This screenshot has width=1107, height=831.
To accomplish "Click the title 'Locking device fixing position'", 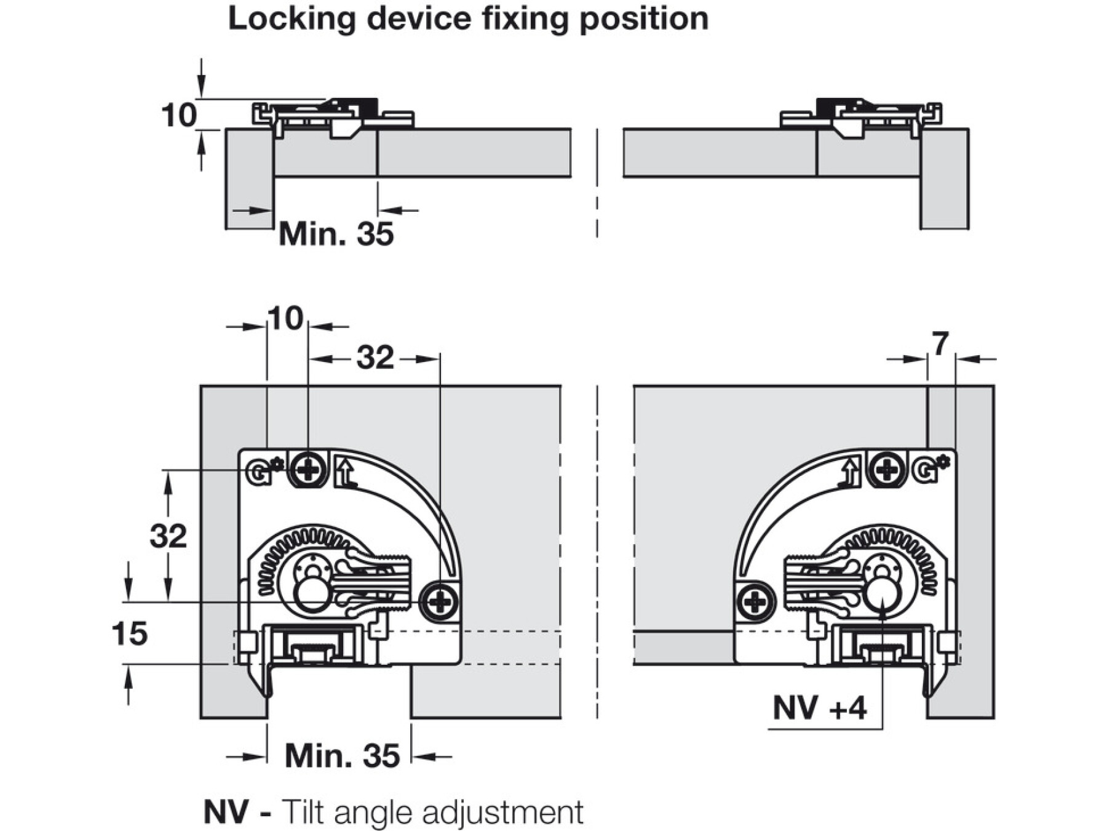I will coord(468,18).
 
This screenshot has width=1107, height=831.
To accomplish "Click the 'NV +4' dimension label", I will coord(819,708).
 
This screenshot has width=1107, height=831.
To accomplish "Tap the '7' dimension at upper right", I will coord(940,344).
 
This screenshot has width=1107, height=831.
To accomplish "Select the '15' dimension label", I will coord(130,633).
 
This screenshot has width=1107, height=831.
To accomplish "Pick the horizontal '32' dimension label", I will coord(375,358).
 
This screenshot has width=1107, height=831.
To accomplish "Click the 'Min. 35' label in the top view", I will coord(336,234).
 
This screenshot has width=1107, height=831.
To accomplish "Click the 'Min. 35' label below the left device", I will coord(342,755).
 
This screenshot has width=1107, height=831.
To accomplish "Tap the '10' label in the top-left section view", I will coord(178,115).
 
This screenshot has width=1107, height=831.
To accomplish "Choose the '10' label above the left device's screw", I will coord(286,319).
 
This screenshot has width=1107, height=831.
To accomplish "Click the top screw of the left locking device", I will coord(308,471).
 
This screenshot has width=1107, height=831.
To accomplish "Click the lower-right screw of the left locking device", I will coord(439,601).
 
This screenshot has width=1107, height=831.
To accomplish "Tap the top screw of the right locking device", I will coord(887,470).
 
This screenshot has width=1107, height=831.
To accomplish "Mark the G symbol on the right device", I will coord(924,471).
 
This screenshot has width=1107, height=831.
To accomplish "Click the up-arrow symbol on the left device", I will coord(346,473).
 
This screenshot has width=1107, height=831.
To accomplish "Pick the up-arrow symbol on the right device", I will coord(850,473).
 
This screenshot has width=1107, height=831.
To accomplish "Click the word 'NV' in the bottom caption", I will coord(226,812).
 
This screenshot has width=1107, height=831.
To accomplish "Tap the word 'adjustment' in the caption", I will coord(503,813).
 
